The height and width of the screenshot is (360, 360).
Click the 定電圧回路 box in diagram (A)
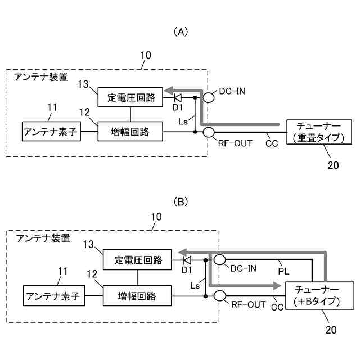(130, 97)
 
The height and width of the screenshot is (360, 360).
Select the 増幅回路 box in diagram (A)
(130, 131)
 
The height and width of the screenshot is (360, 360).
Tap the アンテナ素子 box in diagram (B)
(54, 296)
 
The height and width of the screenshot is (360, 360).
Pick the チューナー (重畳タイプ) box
(319, 132)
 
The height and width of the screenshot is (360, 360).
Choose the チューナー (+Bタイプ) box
(319, 295)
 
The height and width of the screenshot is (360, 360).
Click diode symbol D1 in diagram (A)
(178, 97)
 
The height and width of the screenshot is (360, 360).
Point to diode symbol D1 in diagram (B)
(187, 260)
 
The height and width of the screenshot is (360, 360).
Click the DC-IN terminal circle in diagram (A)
(209, 97)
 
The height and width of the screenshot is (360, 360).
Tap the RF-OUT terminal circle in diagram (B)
(220, 296)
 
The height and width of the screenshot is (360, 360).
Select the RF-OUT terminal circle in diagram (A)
(209, 133)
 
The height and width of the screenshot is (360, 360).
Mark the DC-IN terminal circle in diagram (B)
(220, 260)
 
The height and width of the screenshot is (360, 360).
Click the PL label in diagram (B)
(283, 271)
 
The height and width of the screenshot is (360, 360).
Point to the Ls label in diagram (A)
(183, 121)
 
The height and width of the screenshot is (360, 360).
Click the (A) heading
(181, 32)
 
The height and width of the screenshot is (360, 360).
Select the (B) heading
(181, 202)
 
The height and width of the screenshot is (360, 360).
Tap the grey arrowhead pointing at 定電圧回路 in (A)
(169, 90)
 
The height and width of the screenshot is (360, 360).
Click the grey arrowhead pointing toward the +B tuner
(276, 286)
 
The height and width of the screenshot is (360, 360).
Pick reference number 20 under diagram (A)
(333, 165)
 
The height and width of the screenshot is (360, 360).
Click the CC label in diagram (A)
(272, 143)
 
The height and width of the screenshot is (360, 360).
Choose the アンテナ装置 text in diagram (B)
(43, 238)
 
